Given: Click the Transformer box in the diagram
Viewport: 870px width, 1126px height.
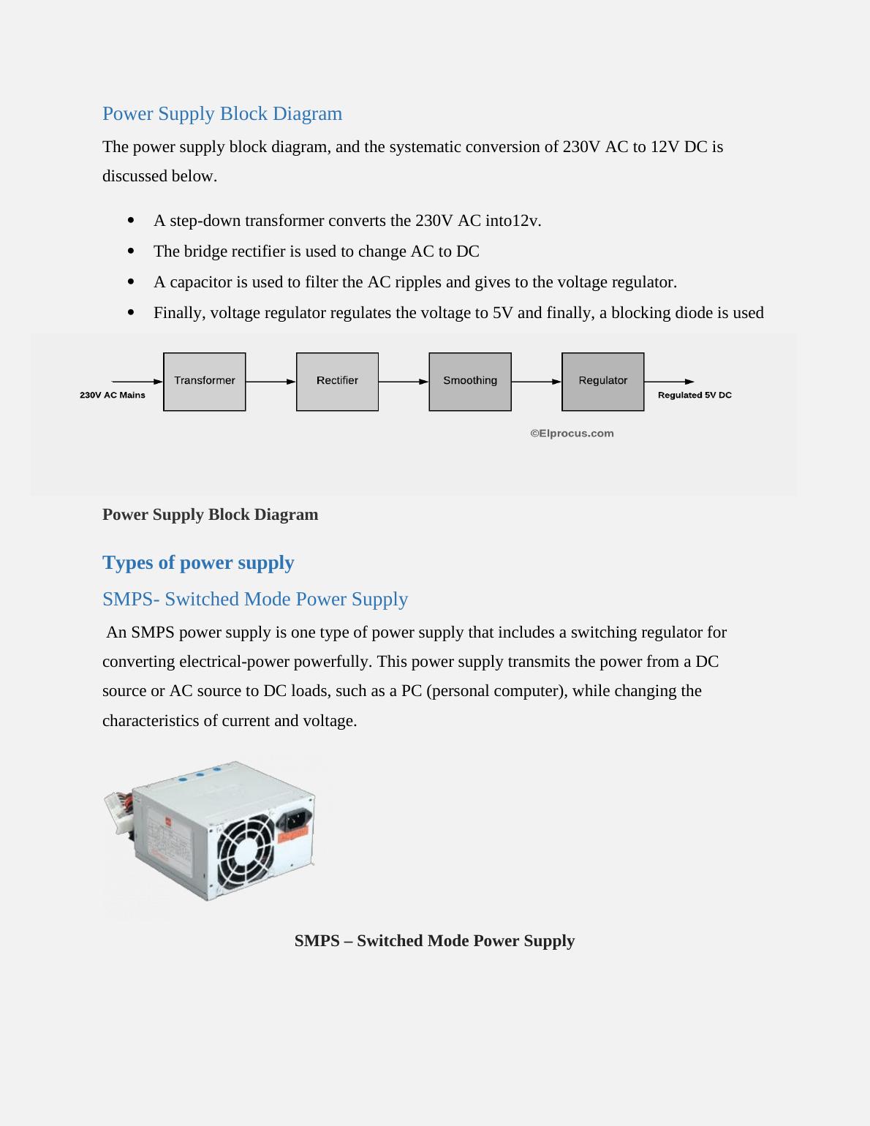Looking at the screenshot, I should pyautogui.click(x=205, y=382).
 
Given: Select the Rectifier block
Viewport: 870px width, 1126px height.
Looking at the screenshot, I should pyautogui.click(x=337, y=382).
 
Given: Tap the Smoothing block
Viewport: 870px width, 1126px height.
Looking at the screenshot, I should pyautogui.click(x=470, y=382).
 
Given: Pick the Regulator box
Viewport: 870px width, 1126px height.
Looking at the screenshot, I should pyautogui.click(x=603, y=382).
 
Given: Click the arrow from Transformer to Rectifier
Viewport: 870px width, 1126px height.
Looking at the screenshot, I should pyautogui.click(x=271, y=382).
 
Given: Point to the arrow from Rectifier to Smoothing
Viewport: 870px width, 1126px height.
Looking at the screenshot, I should pyautogui.click(x=404, y=382).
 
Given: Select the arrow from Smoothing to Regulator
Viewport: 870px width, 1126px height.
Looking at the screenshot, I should pyautogui.click(x=537, y=382).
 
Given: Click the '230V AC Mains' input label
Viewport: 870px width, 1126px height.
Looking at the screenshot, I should pyautogui.click(x=113, y=396).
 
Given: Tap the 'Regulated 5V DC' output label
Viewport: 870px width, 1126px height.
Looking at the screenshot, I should pyautogui.click(x=695, y=396).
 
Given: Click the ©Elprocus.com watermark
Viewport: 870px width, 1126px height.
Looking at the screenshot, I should pyautogui.click(x=572, y=434).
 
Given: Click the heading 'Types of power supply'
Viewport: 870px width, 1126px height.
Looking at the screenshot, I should pyautogui.click(x=198, y=562).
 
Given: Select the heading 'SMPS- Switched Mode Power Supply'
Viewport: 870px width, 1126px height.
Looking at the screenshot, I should pyautogui.click(x=255, y=599).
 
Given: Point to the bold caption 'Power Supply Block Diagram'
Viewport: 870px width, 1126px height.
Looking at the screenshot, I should pyautogui.click(x=211, y=515).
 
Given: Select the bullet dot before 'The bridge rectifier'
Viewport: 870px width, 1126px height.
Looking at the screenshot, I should pyautogui.click(x=131, y=252).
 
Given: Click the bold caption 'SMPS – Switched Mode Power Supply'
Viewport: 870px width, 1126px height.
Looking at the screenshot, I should pyautogui.click(x=434, y=941).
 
